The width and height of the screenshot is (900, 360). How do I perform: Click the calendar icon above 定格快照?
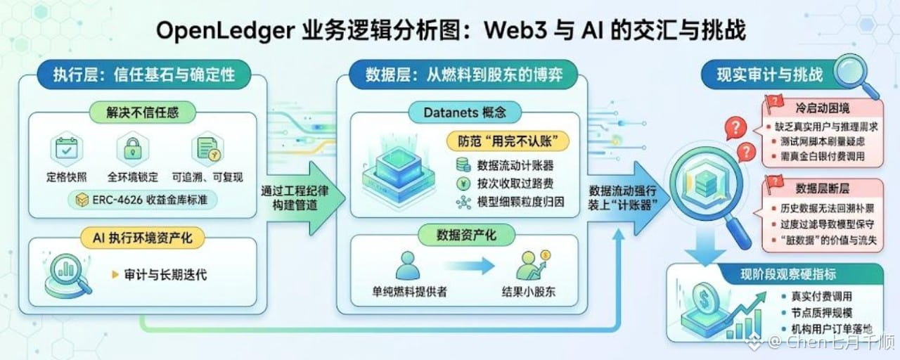coord(67,150)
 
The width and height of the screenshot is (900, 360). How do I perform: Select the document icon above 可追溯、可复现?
coord(207,149)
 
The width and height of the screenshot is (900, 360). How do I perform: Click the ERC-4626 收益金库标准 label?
coord(142,200)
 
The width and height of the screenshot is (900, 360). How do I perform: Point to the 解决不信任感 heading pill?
coord(143,112)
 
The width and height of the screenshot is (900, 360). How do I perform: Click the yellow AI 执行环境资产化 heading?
coord(143,238)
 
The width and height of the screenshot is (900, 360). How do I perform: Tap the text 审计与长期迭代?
coord(165,275)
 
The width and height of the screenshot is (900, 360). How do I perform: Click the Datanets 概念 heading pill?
coord(465,112)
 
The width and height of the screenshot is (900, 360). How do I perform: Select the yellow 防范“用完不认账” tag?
coord(508,141)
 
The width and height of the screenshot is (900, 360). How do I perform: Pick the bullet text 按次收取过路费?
coord(515,184)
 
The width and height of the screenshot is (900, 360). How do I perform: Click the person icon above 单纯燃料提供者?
coord(408,266)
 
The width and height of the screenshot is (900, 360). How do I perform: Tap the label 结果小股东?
coord(528,292)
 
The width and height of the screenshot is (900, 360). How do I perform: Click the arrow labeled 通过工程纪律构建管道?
coord(304,198)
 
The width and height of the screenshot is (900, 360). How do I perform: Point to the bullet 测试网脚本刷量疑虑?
coord(823,141)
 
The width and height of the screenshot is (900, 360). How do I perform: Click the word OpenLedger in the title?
coord(226,31)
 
